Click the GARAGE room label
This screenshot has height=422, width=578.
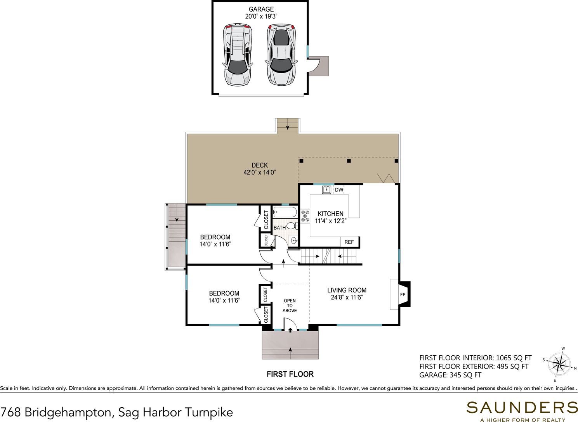tap(261, 9)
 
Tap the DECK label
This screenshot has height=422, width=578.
tap(260, 165)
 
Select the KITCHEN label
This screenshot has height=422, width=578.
tap(331, 214)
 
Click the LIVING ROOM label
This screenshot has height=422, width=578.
tap(347, 290)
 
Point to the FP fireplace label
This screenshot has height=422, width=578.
tap(403, 295)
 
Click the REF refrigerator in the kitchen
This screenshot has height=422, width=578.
tap(349, 242)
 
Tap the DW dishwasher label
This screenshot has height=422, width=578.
tap(339, 190)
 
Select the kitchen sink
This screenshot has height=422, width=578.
tap(327, 190)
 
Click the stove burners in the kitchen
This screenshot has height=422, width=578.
tap(305, 216)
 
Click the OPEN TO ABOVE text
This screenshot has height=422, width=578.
tap(290, 306)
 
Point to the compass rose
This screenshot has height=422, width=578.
tap(559, 365)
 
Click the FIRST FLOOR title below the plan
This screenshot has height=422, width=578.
tap(290, 374)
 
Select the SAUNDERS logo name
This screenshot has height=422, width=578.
tap(522, 408)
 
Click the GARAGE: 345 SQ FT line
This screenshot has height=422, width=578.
tap(450, 375)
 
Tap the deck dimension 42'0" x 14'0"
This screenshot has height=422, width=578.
tap(260, 173)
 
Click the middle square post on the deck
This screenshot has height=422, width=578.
tap(349, 161)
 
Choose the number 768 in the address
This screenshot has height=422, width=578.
tap(10, 412)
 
